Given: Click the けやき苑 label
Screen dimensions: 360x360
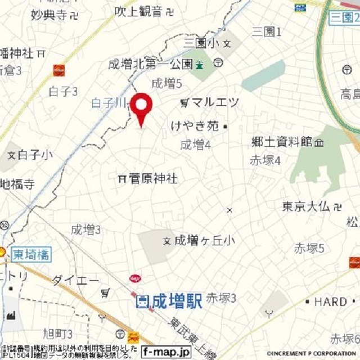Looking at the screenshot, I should [195, 126].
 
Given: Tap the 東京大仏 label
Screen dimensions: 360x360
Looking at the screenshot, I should [307, 206].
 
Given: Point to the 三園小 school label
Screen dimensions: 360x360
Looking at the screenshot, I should [200, 43].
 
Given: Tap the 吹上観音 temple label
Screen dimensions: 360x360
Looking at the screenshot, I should [138, 11].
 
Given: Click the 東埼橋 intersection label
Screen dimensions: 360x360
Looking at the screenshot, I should [30, 254].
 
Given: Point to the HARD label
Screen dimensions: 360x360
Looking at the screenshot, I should [330, 302].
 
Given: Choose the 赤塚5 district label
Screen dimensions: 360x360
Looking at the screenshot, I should [309, 247].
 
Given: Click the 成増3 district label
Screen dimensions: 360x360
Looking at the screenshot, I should [85, 229].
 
